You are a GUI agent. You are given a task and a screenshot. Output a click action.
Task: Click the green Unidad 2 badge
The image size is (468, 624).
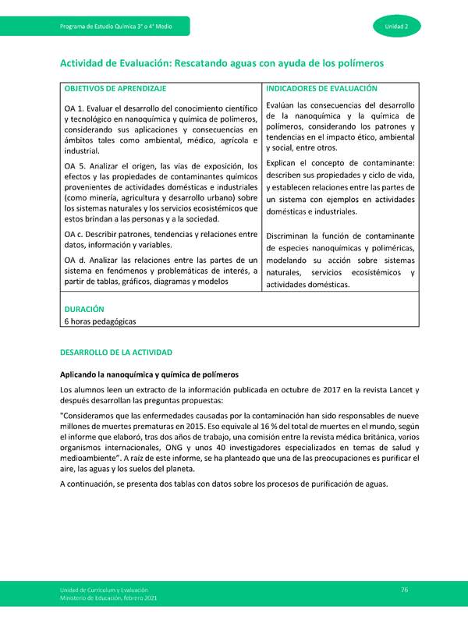coord(402,27)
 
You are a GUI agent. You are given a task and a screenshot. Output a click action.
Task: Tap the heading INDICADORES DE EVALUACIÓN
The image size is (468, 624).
coord(321,90)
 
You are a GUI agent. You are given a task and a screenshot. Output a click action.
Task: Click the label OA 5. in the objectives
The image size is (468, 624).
coord(76,166)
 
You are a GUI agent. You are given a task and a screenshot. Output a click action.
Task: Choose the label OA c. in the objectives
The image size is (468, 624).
coord(76,234)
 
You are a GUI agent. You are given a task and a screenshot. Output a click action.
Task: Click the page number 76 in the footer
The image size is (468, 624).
coord(405,588)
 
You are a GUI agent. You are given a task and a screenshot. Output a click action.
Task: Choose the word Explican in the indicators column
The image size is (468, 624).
coord(285,162)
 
